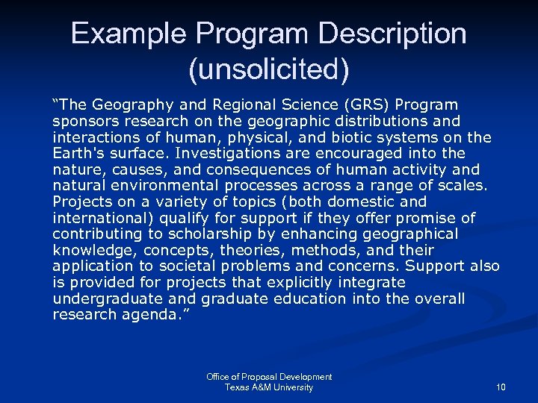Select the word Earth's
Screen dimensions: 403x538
tap(78, 153)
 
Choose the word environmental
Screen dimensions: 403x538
tap(173, 186)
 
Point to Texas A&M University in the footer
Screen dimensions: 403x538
tap(269, 387)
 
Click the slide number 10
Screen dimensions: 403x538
tap(500, 387)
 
